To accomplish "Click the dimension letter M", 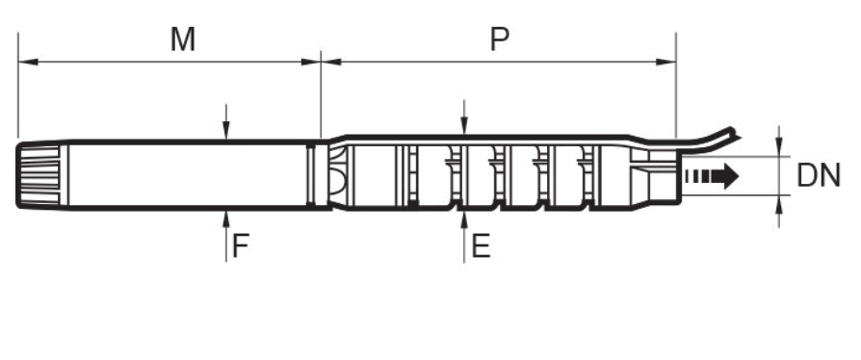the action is coord(183,39).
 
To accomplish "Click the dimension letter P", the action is coord(499,39).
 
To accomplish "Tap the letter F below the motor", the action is coord(241,245).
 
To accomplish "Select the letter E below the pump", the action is coord(481,245).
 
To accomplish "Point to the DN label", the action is coord(819,176).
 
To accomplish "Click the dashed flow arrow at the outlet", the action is coord(712,176).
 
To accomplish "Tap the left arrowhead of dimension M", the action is coord(28,62).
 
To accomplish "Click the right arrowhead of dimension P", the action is coord(666,62).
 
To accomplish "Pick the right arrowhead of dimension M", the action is coord(311,62).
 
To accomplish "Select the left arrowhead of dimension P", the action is coord(331,62).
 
